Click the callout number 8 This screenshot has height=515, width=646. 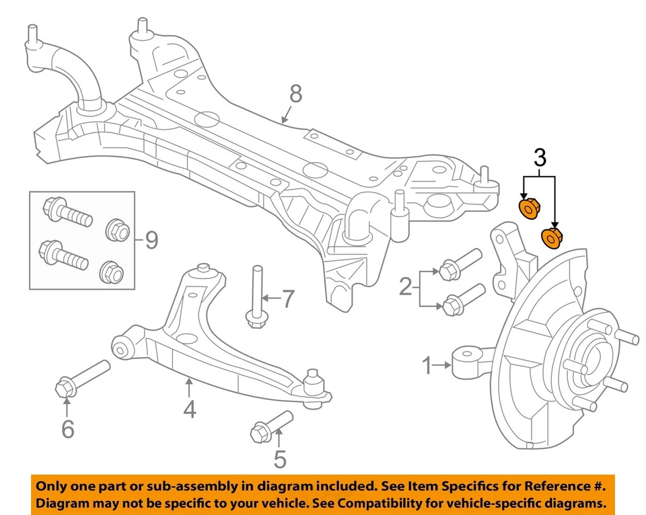pos(295,94)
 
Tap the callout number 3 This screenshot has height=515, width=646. pos(539,159)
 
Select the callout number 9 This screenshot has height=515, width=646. pos(151,239)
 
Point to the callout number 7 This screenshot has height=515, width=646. pos(287,298)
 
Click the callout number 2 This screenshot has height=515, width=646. pos(405,288)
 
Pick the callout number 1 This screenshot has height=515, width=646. pos(426,366)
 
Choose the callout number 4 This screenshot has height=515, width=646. pos(190,408)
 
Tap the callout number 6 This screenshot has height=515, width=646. pos(67,428)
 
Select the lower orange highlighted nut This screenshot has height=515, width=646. pos(552,237)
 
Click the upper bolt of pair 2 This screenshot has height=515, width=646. pos(458,264)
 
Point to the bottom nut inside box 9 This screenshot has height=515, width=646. pos(110,272)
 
